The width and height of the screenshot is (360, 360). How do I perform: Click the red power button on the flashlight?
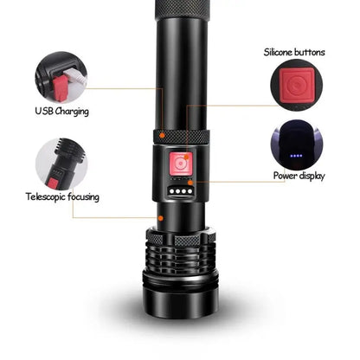pos(181,164)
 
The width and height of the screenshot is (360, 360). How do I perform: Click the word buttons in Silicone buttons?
pos(309,52)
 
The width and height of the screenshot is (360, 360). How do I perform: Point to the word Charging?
pos(72,112)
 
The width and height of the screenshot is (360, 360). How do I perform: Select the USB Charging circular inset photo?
pos(61,77)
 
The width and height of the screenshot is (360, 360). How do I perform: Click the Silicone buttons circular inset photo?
pos(297,86)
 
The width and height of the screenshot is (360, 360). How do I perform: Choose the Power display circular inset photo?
pos(297,145)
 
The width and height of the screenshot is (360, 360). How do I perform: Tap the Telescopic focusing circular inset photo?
pos(61,164)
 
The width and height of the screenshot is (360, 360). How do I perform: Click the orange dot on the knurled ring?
pos(163,135)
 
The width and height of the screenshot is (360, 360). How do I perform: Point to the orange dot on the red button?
pos(187,157)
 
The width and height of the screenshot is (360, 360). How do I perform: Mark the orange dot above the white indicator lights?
pos(190,183)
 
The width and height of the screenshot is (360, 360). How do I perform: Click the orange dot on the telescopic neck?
pos(161,218)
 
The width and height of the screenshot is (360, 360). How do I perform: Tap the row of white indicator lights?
pos(181,191)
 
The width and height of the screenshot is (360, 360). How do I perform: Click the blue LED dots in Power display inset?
pos(296,156)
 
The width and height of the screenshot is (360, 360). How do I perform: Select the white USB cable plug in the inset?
pos(75,75)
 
